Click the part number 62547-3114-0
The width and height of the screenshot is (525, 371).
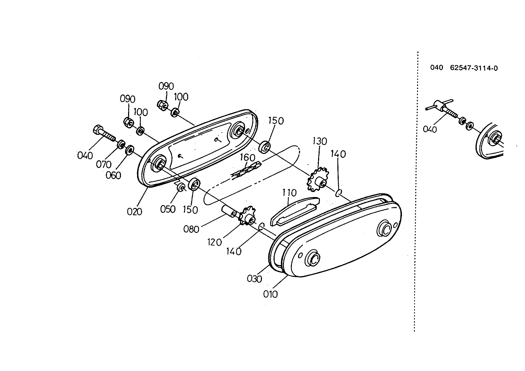point(474,68)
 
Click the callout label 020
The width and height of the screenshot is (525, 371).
point(134,212)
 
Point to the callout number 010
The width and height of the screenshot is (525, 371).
point(270,294)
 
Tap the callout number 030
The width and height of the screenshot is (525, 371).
point(255,279)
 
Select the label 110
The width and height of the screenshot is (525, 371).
point(289,193)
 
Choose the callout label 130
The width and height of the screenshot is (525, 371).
point(320,141)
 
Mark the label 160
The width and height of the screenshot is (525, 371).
point(247,158)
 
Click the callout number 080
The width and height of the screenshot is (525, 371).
point(191,229)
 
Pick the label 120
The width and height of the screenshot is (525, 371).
point(215,242)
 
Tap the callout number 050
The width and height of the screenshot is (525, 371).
point(168,209)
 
